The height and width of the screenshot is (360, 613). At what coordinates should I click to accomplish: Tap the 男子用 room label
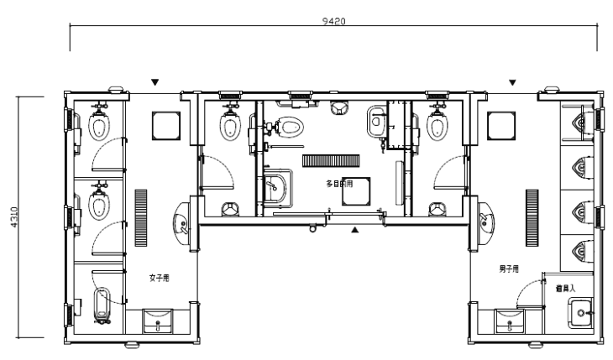(x=508, y=269)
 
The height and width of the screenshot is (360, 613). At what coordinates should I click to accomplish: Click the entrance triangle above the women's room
(x=155, y=82)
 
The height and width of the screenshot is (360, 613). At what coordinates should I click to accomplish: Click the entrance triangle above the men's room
(x=512, y=82)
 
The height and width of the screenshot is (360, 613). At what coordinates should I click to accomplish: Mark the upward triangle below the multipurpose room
(x=355, y=228)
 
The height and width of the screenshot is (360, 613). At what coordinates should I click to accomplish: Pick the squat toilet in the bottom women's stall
(x=103, y=305)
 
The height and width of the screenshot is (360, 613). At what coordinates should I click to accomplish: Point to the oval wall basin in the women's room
(x=182, y=222)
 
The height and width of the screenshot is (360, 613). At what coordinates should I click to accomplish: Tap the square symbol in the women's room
(x=164, y=124)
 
